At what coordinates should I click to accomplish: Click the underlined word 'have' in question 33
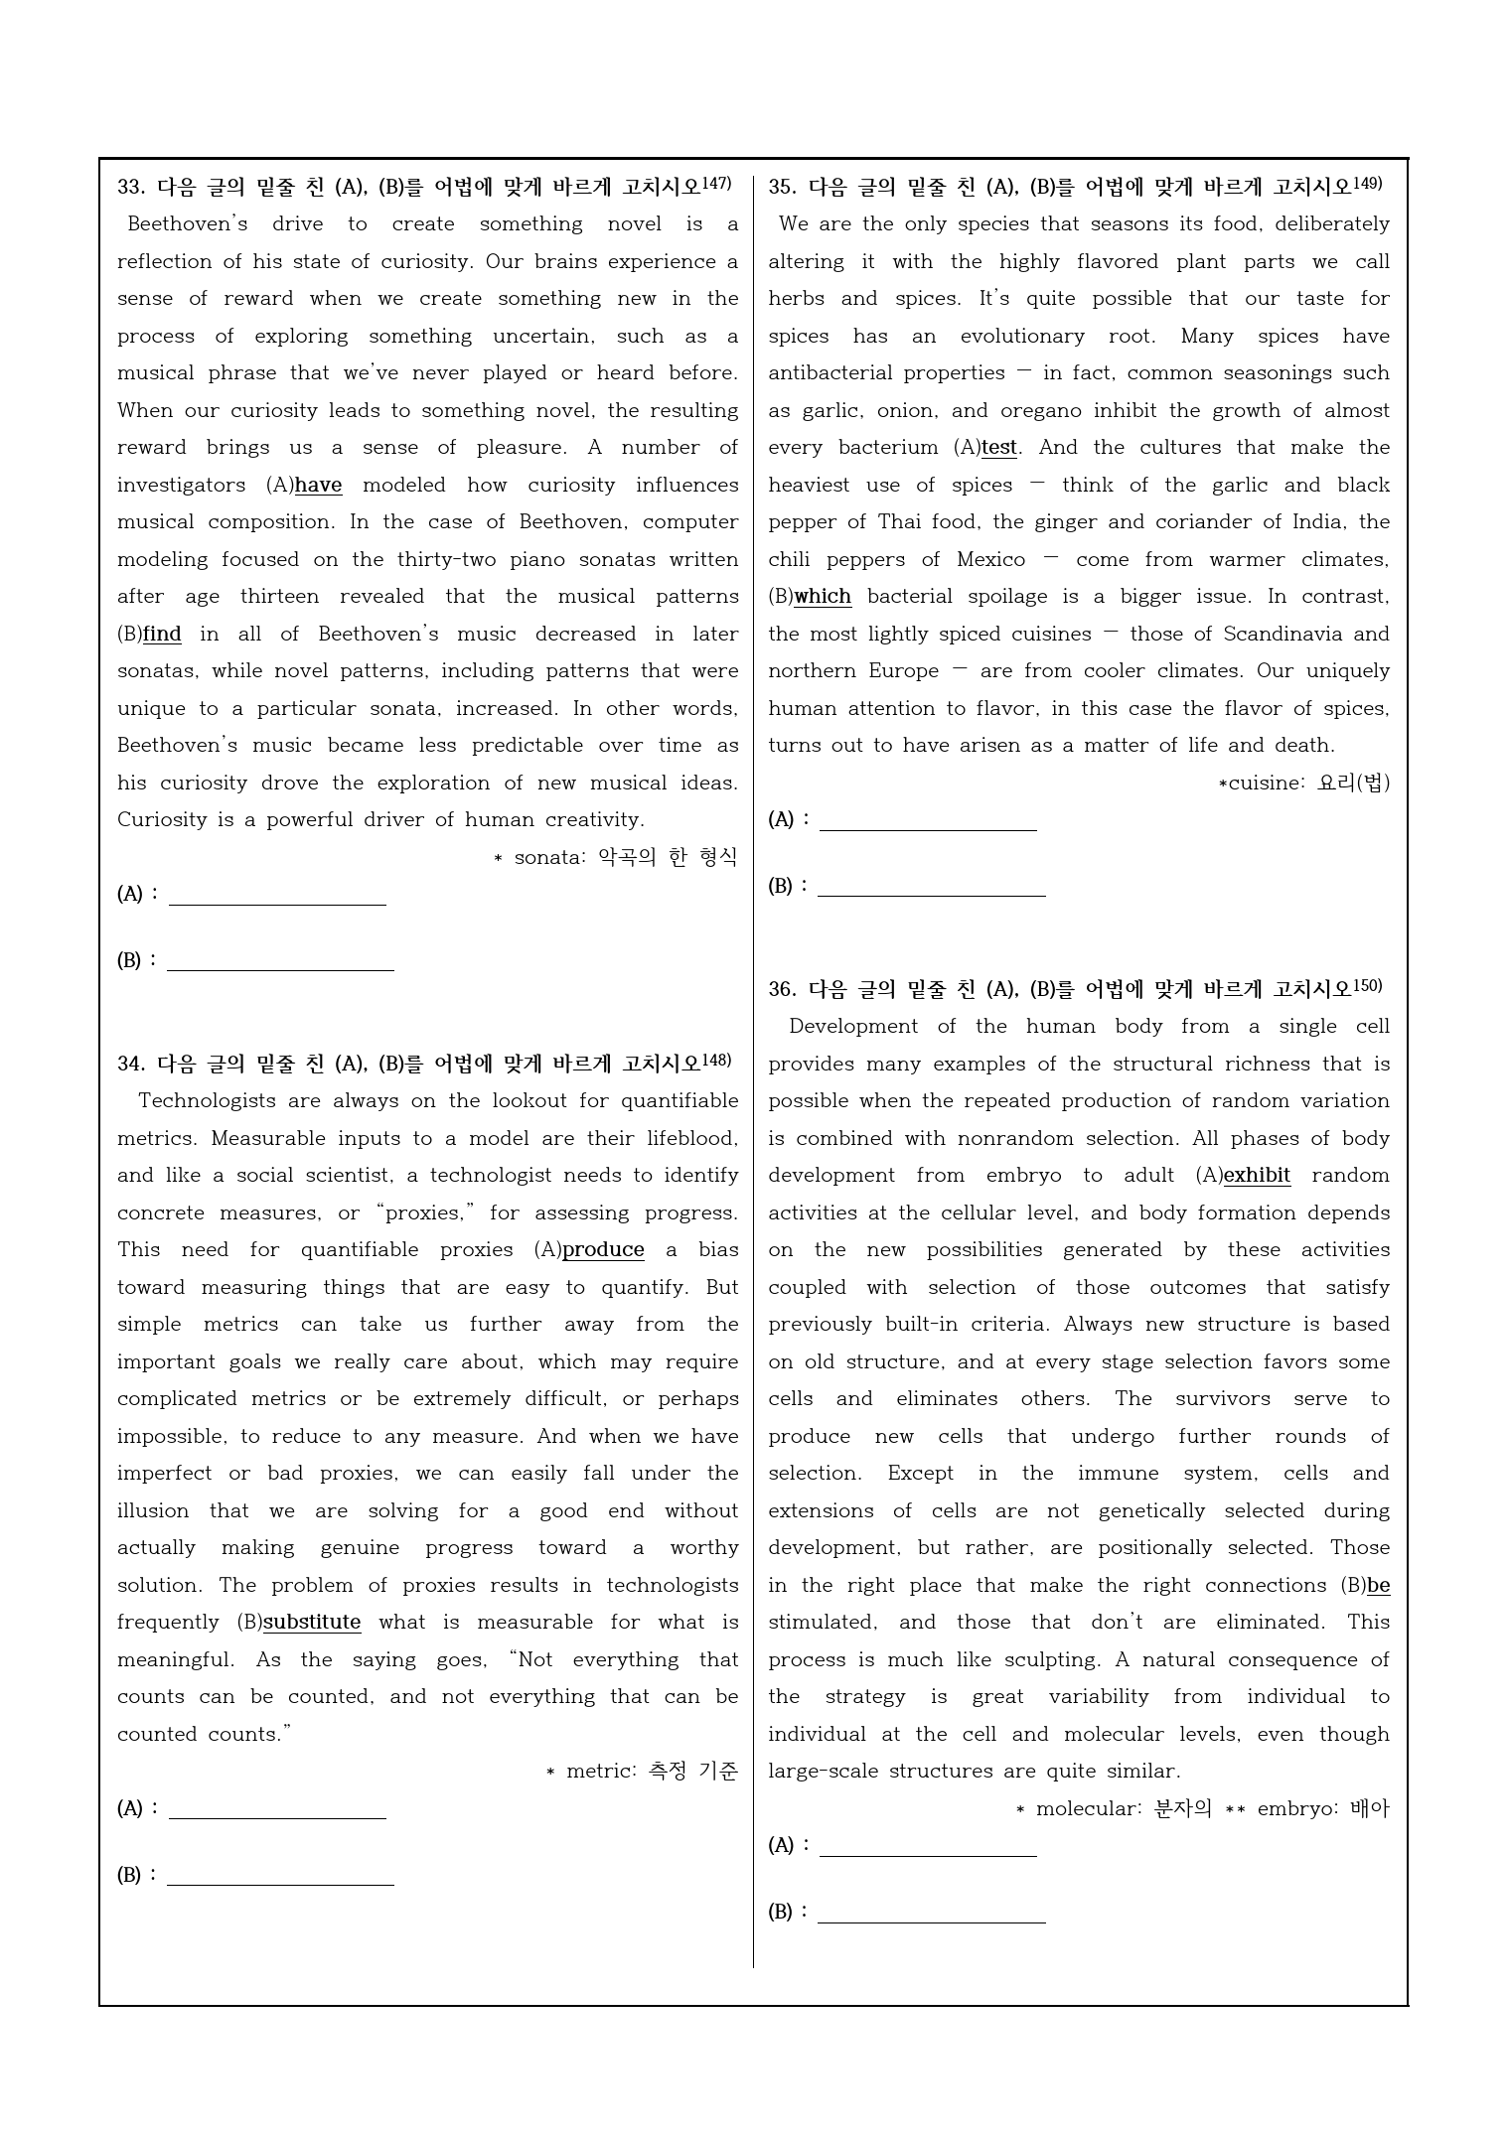point(318,486)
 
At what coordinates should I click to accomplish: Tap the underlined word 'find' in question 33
point(163,635)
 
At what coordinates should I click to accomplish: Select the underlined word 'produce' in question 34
point(603,1250)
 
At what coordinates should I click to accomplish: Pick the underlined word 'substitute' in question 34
point(312,1623)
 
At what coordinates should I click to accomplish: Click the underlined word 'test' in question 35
point(999,448)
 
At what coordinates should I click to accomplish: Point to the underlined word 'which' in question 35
point(823,597)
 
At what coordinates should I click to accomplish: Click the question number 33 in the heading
point(130,188)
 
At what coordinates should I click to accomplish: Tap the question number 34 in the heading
point(130,1065)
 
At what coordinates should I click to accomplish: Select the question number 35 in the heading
point(781,188)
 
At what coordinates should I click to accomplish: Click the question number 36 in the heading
point(781,990)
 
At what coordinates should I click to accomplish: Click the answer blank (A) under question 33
point(277,895)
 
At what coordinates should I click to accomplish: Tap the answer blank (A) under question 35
point(928,820)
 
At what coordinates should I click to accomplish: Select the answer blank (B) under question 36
point(931,1913)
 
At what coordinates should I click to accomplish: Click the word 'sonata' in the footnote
point(549,858)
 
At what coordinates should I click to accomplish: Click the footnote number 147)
point(716,184)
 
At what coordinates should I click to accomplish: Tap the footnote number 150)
point(1367,986)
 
